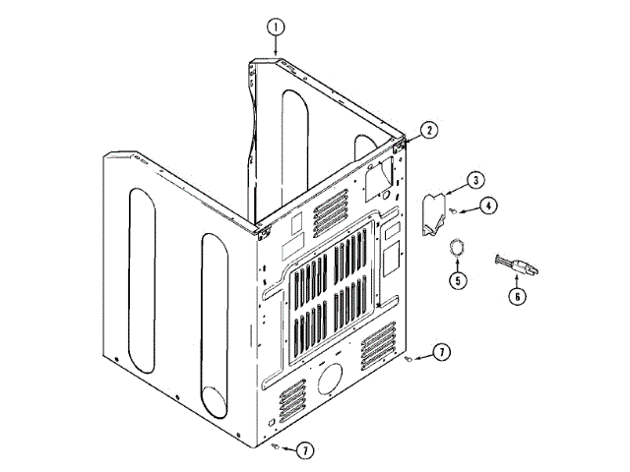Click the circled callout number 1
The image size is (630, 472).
[x=277, y=26]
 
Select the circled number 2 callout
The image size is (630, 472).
[x=429, y=129]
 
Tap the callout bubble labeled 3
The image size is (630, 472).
[x=474, y=180]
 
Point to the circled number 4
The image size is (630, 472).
[x=489, y=206]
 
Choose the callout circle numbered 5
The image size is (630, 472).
[x=458, y=280]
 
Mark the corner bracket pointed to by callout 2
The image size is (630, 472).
[x=401, y=143]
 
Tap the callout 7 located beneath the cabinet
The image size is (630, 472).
[x=306, y=449]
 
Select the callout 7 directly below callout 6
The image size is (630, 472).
[x=442, y=351]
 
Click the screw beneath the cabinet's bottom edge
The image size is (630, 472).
[x=276, y=445]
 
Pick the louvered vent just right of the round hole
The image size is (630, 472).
[x=379, y=347]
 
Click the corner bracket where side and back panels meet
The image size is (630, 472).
[x=262, y=232]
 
